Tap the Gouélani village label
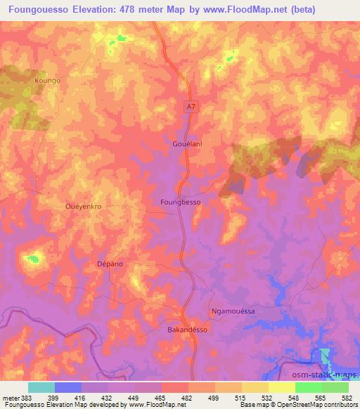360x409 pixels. point(188,144)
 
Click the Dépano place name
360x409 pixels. point(109,264)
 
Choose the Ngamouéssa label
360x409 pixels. point(233,311)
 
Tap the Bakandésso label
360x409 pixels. point(187,329)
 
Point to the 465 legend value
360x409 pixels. point(161,397)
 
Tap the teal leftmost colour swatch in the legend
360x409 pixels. point(41,387)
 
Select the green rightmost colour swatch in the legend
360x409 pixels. point(335,387)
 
